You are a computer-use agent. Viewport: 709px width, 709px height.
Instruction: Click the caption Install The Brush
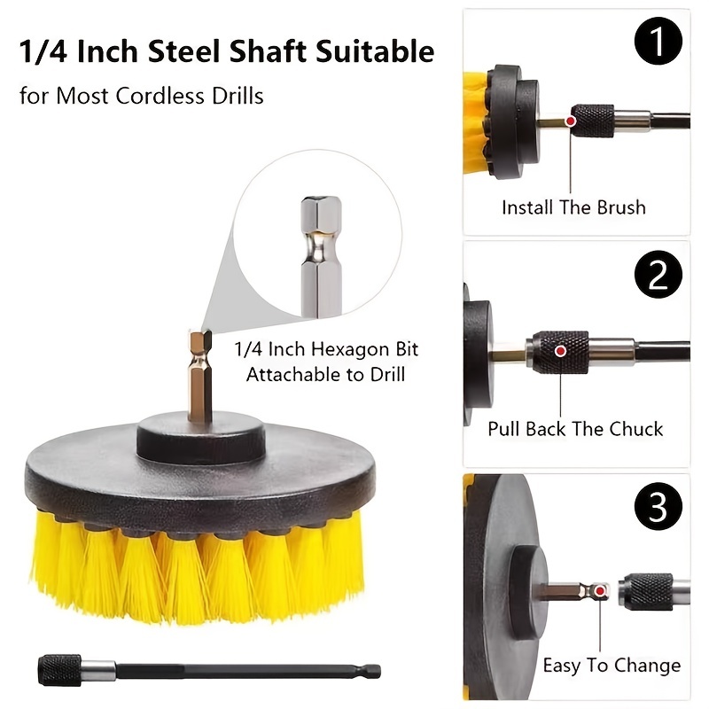coord(573,207)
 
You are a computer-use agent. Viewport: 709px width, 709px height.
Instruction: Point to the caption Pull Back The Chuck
coord(575,429)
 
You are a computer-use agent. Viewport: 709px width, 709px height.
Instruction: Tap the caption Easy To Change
coord(612,666)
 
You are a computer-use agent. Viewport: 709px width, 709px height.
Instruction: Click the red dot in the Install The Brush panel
coord(573,119)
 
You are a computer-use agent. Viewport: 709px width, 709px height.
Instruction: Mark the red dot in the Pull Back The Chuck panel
coord(559,351)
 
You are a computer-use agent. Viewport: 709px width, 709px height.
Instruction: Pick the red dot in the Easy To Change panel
coord(601,590)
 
